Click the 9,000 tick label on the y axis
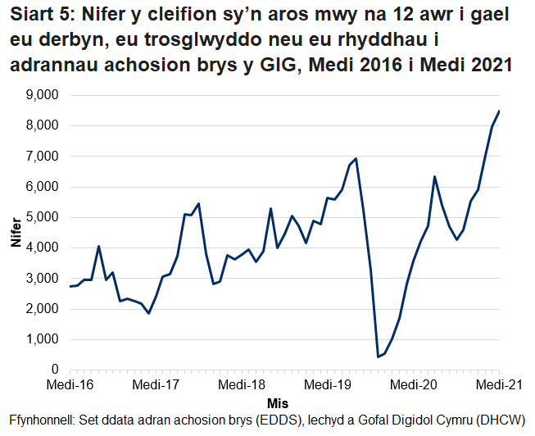pyautogui.click(x=42, y=95)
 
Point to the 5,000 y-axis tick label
pyautogui.click(x=42, y=217)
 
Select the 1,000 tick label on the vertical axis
pyautogui.click(x=42, y=339)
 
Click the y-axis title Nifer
pyautogui.click(x=16, y=233)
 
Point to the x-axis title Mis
pyautogui.click(x=278, y=404)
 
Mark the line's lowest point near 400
pyautogui.click(x=378, y=357)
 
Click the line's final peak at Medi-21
pyautogui.click(x=499, y=111)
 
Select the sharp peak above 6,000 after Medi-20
pyautogui.click(x=434, y=176)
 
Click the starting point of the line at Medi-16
pyautogui.click(x=70, y=287)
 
